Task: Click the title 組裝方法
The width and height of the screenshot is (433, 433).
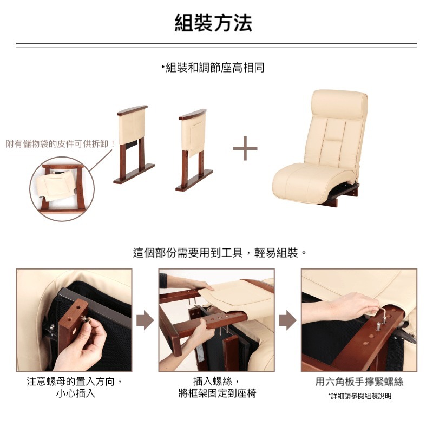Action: coord(213,23)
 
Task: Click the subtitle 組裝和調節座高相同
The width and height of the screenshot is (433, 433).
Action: coord(215,68)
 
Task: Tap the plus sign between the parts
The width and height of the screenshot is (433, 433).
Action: coord(245,148)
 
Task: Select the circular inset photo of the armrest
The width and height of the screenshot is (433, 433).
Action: coord(62,189)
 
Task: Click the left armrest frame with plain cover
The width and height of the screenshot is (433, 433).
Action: coord(134,144)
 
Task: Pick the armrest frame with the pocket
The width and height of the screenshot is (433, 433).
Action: coord(194,149)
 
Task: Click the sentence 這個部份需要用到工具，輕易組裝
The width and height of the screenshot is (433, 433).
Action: coord(215,253)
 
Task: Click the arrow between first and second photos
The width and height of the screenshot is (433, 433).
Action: coord(145,320)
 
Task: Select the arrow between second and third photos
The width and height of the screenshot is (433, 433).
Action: coord(288,320)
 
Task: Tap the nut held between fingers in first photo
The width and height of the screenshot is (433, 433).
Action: coord(84,319)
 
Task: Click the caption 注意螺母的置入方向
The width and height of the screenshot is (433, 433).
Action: coord(70,382)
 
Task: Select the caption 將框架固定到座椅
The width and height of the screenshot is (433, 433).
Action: coord(218,393)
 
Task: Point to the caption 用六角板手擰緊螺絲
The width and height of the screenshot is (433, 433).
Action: coord(359,382)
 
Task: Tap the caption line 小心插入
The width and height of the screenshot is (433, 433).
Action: coord(75,393)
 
